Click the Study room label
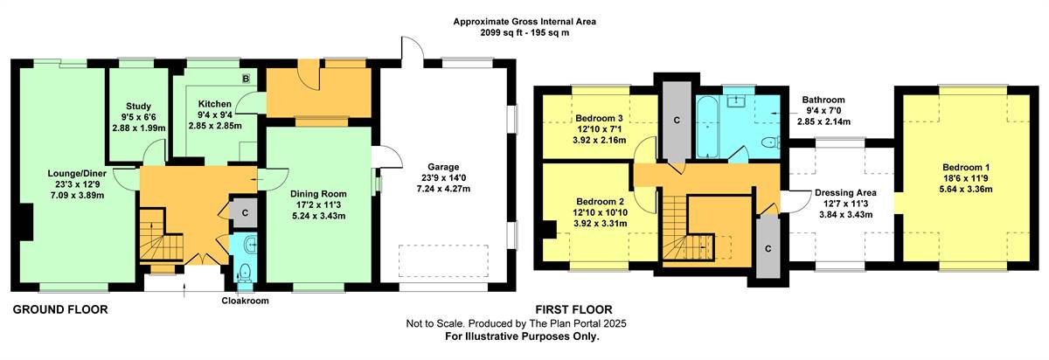pyautogui.click(x=139, y=107)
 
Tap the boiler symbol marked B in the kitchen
pyautogui.click(x=246, y=79)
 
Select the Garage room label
pyautogui.click(x=443, y=167)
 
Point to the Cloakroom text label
pyautogui.click(x=245, y=301)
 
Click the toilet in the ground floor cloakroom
pyautogui.click(x=245, y=271)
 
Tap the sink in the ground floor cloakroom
pyautogui.click(x=252, y=244)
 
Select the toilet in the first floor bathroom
pyautogui.click(x=770, y=142)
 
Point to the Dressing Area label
pyautogui.click(x=845, y=192)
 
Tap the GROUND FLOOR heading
pyautogui.click(x=60, y=309)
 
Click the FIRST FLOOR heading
pyautogui.click(x=573, y=309)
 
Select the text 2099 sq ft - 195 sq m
pyautogui.click(x=524, y=33)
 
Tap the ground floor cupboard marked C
pyautogui.click(x=245, y=213)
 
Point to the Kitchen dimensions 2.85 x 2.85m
pyautogui.click(x=215, y=126)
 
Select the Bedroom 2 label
pyautogui.click(x=600, y=202)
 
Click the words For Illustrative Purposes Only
pyautogui.click(x=522, y=336)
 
